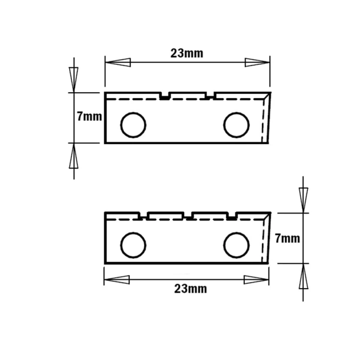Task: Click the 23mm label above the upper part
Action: point(187,53)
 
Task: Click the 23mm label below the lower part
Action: point(191,288)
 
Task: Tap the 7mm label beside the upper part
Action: point(89,117)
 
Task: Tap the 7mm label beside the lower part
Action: point(288,239)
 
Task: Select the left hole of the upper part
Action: point(133,125)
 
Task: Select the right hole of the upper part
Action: point(236,125)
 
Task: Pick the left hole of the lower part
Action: point(133,245)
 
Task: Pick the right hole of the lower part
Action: point(236,245)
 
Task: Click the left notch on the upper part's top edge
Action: point(165,96)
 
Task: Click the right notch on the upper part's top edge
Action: point(210,96)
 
